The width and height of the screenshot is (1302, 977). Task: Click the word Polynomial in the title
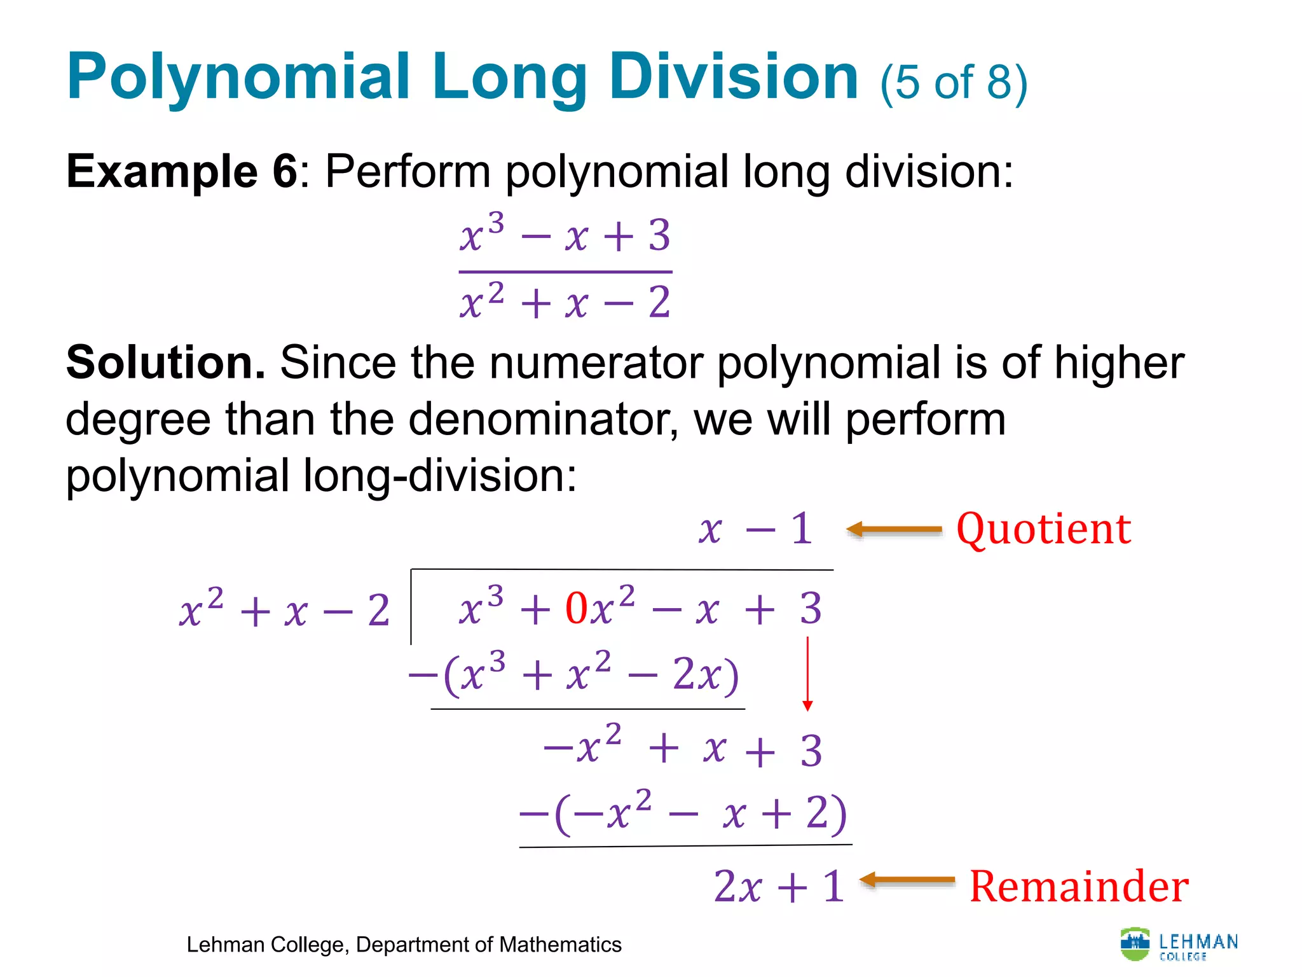coord(238,78)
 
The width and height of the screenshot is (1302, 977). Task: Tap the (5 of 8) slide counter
coord(953,83)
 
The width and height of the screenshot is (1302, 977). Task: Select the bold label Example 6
coord(181,171)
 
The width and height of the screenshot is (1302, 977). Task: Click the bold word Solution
coord(165,363)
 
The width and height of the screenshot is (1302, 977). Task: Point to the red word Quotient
coord(1043,529)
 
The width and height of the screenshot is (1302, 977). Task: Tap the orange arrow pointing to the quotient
coord(894,529)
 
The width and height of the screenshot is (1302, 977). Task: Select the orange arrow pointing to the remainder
coord(907,880)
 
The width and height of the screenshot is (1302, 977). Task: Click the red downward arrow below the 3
coord(807,674)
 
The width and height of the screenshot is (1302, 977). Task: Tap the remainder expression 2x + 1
coord(779,886)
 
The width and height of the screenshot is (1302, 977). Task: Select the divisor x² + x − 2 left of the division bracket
coord(284,611)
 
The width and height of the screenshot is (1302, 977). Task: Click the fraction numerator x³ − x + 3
coord(565,235)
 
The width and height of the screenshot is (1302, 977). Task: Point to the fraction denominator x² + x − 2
coord(565,302)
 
